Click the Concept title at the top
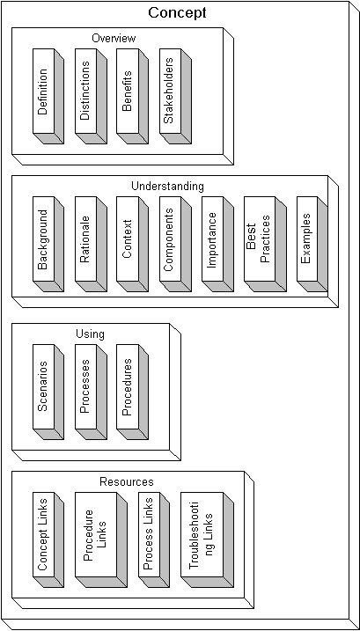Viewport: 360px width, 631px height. (x=177, y=12)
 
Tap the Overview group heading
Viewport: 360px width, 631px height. (x=114, y=38)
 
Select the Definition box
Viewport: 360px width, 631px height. (x=48, y=96)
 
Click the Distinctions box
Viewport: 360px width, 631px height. (x=91, y=96)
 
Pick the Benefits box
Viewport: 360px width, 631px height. (x=133, y=96)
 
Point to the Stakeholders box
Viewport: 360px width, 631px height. (x=175, y=96)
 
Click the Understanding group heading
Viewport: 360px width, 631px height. (x=167, y=187)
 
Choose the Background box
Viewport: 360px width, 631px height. (x=48, y=244)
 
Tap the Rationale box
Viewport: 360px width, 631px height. (x=91, y=244)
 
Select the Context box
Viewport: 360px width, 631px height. (x=133, y=244)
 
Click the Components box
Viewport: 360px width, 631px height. (x=175, y=244)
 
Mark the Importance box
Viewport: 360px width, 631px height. (x=217, y=244)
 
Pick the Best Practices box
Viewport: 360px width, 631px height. (x=265, y=244)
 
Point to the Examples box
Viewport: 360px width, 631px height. (x=312, y=244)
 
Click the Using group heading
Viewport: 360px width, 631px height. (x=90, y=334)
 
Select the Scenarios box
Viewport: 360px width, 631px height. (x=48, y=392)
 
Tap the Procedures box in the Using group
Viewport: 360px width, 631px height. (x=133, y=392)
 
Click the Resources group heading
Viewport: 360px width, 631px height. (x=127, y=481)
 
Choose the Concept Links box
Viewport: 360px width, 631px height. (x=48, y=539)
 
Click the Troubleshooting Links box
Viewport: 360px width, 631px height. (x=207, y=539)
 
